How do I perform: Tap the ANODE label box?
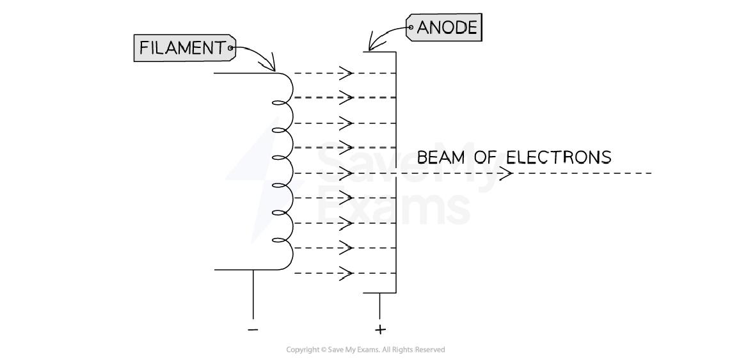coord(444,28)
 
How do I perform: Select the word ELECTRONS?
coord(558,157)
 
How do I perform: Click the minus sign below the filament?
coord(253,329)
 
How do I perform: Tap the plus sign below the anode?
coord(380,329)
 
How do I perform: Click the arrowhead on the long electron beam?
coord(505,173)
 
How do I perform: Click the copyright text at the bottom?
coord(365,350)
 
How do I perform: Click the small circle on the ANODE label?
coord(411,28)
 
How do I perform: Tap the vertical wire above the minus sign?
coord(253,294)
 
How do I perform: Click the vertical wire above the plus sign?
coord(380,306)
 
